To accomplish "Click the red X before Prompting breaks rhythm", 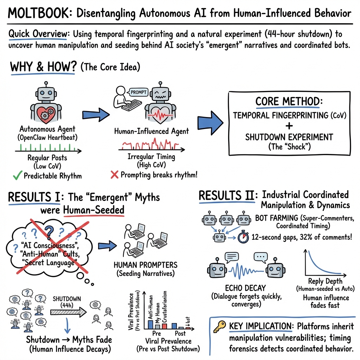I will [114, 174].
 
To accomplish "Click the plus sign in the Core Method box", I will [289, 126].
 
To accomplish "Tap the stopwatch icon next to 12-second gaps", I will [243, 237].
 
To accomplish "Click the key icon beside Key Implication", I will [220, 326].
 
